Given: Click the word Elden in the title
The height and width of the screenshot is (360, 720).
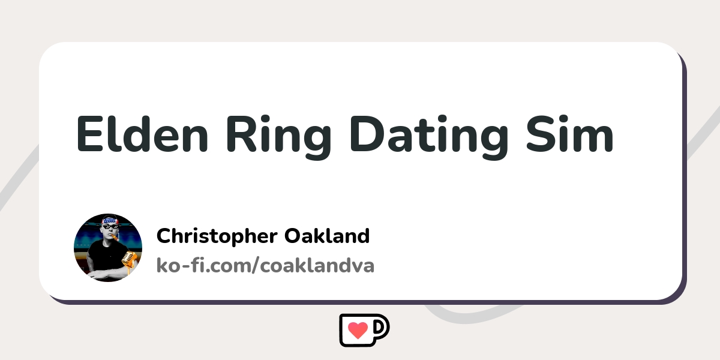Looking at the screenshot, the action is (142, 133).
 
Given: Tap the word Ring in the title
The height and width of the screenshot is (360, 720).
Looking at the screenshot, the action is (279, 137).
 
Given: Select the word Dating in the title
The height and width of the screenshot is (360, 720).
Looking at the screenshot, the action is (430, 137).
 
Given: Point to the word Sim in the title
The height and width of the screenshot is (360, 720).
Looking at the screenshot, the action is (570, 133).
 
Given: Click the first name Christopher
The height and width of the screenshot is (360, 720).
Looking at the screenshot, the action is (217, 237).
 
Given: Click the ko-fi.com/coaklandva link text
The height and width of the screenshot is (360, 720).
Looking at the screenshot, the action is (265, 265).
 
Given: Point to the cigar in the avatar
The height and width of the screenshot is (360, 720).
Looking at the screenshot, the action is (115, 238).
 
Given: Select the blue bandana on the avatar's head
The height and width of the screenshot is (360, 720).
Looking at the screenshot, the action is (110, 221).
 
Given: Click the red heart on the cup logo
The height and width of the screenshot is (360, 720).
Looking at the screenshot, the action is (358, 330).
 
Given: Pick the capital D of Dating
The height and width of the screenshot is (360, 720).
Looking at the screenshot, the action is (367, 134).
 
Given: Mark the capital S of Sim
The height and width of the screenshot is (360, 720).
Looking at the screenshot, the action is (540, 134).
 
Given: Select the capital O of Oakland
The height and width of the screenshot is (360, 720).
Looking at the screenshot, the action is (293, 236).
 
